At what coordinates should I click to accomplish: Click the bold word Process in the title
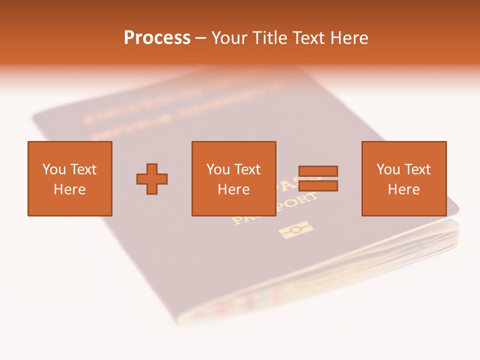(157, 38)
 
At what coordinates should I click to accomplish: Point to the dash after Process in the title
(201, 38)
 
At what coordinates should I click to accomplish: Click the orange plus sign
(152, 179)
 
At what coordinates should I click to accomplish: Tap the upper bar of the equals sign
(318, 171)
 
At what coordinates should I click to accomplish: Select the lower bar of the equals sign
(318, 186)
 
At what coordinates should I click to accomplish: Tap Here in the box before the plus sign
(69, 189)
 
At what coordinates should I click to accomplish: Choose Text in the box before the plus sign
(82, 169)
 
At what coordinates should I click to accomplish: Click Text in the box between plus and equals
(247, 169)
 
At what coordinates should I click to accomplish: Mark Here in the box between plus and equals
(233, 189)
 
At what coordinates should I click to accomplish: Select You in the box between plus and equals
(218, 169)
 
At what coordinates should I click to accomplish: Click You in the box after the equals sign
(388, 169)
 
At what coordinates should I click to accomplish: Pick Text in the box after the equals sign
(417, 169)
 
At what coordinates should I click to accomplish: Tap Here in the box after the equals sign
(403, 189)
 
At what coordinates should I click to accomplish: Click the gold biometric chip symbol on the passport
(296, 230)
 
